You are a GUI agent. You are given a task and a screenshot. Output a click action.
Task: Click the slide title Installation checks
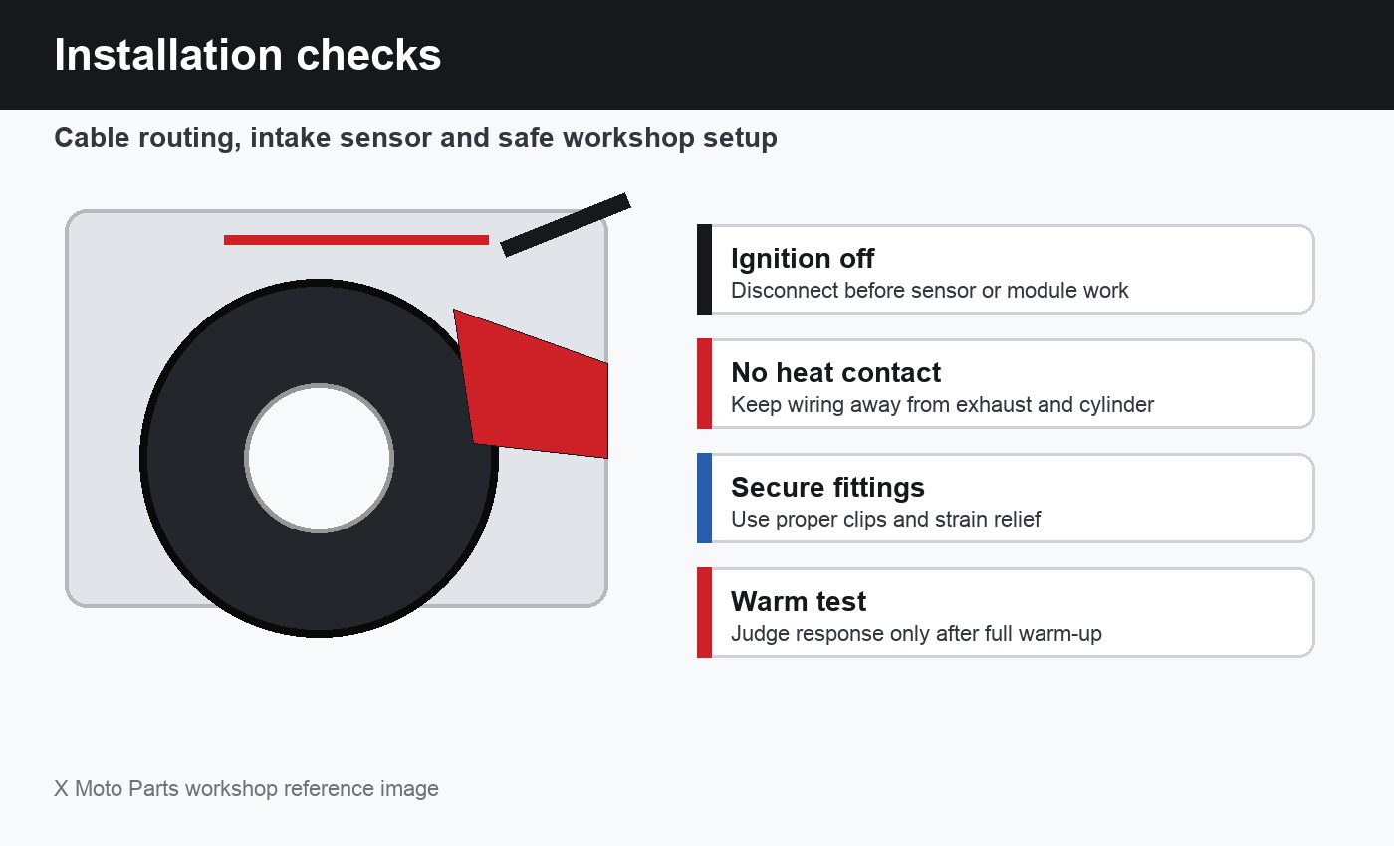click(x=248, y=55)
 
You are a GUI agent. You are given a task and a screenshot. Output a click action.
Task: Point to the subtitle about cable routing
click(x=416, y=138)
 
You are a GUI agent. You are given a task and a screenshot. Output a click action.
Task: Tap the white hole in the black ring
click(x=320, y=459)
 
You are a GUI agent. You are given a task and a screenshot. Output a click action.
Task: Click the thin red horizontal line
click(x=356, y=240)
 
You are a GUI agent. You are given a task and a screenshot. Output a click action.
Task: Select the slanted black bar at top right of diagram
click(x=566, y=225)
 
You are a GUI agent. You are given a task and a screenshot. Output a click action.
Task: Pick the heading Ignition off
click(x=803, y=258)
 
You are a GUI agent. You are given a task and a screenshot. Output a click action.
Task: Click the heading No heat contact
click(x=835, y=372)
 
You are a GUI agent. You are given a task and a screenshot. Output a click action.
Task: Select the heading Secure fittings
click(x=827, y=487)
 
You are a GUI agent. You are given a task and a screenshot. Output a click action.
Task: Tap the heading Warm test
click(x=799, y=601)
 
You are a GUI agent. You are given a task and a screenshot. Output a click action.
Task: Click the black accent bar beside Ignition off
click(x=705, y=270)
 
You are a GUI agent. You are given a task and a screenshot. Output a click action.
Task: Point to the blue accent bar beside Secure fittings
click(x=705, y=499)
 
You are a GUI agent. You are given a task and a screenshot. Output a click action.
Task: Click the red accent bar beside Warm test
click(x=705, y=613)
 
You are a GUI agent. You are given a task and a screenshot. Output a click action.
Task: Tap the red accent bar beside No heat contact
click(x=705, y=384)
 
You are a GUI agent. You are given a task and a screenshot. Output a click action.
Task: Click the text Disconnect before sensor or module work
click(x=930, y=291)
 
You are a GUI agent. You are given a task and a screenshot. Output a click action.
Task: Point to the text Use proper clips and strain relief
click(x=885, y=520)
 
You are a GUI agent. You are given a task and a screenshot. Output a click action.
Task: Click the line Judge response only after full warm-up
click(x=916, y=634)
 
